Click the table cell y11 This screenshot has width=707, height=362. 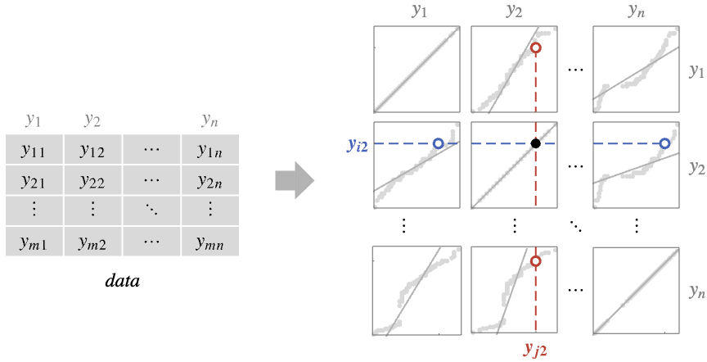[x=34, y=149]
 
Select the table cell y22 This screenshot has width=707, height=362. [x=93, y=180]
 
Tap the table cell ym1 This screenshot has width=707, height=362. [x=34, y=242]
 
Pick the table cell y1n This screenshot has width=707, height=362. [x=210, y=149]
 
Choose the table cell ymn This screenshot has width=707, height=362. [x=210, y=242]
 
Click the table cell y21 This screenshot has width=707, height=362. [x=34, y=180]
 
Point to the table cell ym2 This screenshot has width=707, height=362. [x=93, y=242]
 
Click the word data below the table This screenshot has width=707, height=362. [x=123, y=281]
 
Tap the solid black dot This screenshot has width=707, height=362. [x=536, y=143]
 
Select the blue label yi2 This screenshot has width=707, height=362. [x=357, y=144]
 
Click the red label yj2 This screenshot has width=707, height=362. [x=536, y=348]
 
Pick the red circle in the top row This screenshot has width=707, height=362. [x=536, y=48]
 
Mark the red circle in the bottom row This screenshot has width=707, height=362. [x=536, y=261]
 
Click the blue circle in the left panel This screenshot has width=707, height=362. [x=438, y=143]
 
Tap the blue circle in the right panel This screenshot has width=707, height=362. [x=664, y=143]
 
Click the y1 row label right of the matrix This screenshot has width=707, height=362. [x=696, y=71]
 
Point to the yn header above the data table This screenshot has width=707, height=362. [x=209, y=120]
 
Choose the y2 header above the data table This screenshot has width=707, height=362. [x=92, y=120]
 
